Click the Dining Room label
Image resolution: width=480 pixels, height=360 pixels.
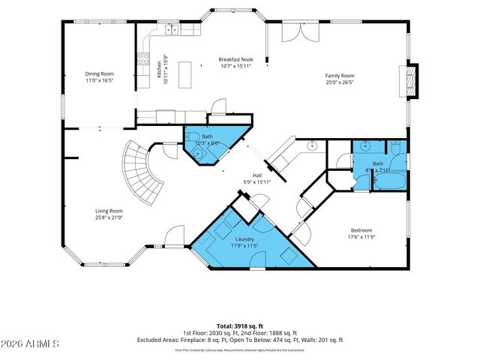(x=98, y=73)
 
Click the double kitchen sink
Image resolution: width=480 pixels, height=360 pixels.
(x=172, y=30)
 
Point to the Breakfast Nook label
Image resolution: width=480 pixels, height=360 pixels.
(x=235, y=58)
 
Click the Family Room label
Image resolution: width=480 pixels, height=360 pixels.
(x=339, y=76)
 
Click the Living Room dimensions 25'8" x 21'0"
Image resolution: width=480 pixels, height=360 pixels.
(x=108, y=217)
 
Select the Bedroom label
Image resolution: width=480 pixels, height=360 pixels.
(x=361, y=230)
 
